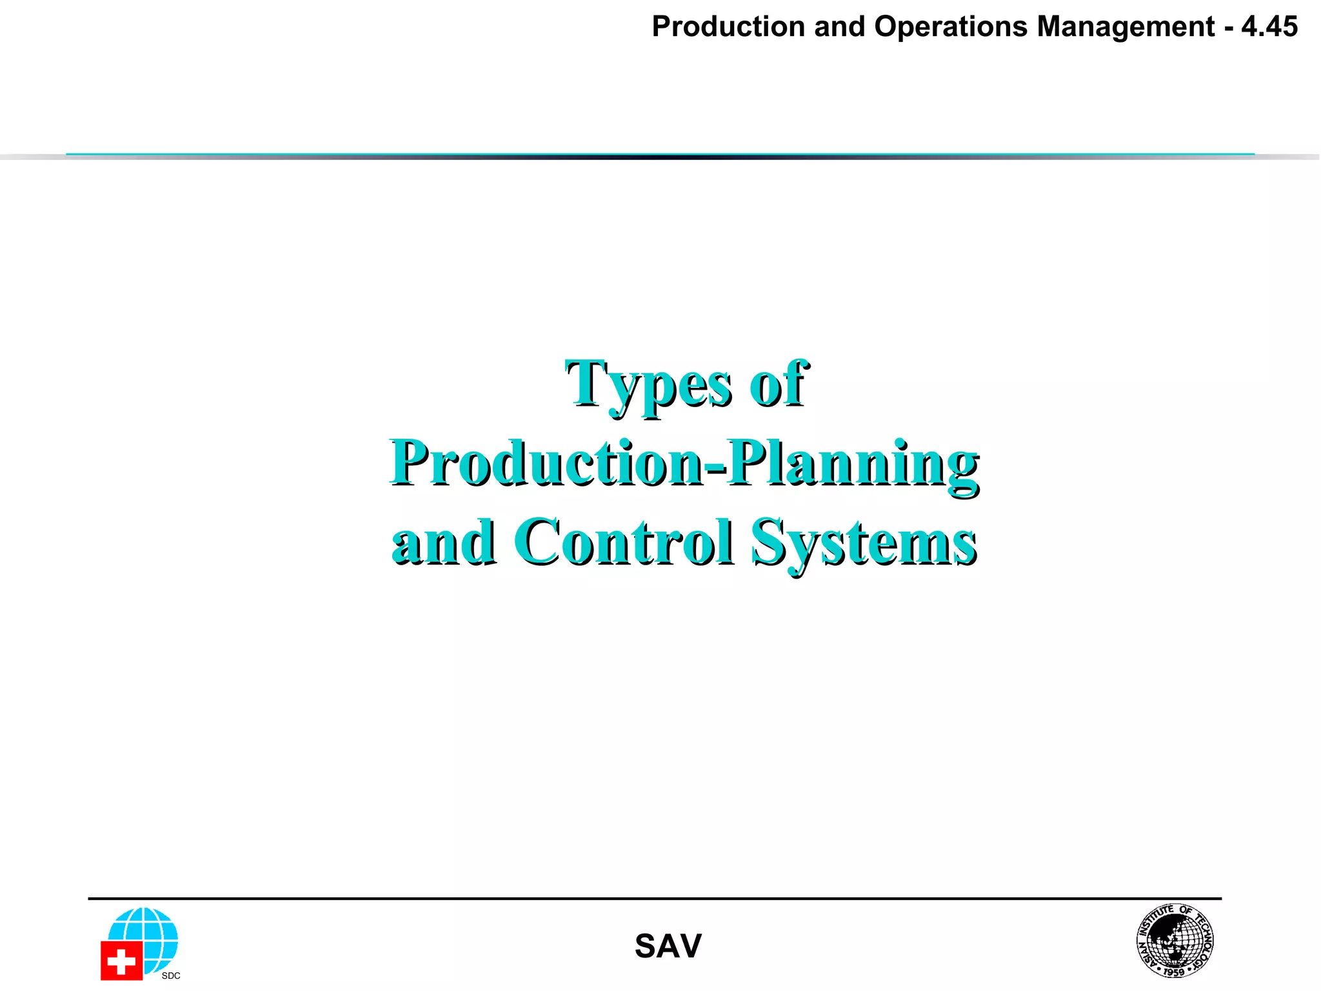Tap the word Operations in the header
pyautogui.click(x=950, y=27)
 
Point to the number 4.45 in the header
pyautogui.click(x=1269, y=27)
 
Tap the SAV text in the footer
pyautogui.click(x=668, y=946)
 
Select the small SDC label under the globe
pyautogui.click(x=171, y=976)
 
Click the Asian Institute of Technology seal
pyautogui.click(x=1175, y=940)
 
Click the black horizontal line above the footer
pyautogui.click(x=655, y=898)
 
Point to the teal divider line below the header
pyautogui.click(x=660, y=155)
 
